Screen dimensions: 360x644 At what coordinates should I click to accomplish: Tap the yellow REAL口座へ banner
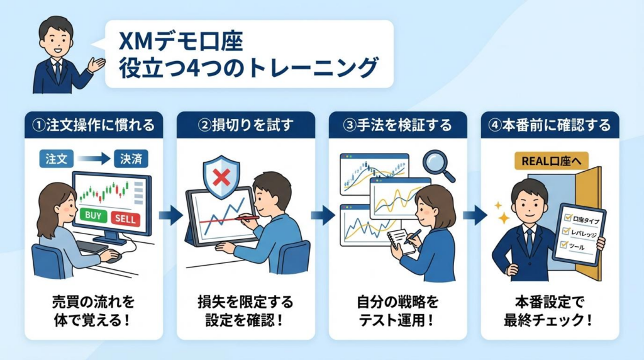(x=547, y=160)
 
